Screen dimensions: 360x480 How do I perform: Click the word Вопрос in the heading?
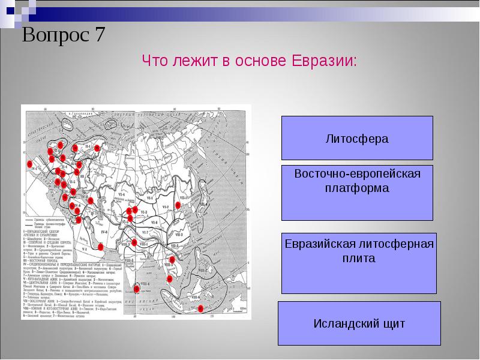(55, 35)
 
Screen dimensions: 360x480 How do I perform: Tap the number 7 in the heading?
(99, 35)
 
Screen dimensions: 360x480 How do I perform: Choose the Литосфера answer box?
(356, 138)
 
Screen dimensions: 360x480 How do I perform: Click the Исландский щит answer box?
(356, 323)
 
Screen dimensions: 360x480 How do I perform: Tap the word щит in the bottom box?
(389, 323)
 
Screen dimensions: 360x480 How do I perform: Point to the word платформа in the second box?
(356, 188)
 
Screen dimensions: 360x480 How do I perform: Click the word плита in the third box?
(356, 259)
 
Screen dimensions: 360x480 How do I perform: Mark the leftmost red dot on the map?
(29, 164)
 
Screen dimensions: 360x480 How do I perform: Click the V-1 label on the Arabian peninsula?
(84, 247)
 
